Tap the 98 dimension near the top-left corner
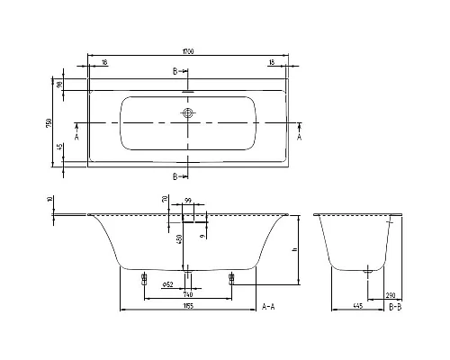pyautogui.click(x=59, y=84)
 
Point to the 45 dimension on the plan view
pyautogui.click(x=59, y=148)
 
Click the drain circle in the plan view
pyautogui.click(x=188, y=113)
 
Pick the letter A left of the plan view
pyautogui.click(x=77, y=139)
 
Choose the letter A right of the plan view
pyautogui.click(x=300, y=139)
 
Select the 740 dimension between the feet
pyautogui.click(x=187, y=293)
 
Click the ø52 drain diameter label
pyautogui.click(x=167, y=284)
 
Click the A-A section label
pyautogui.click(x=267, y=307)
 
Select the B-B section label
pyautogui.click(x=394, y=307)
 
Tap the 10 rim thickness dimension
pyautogui.click(x=50, y=201)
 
